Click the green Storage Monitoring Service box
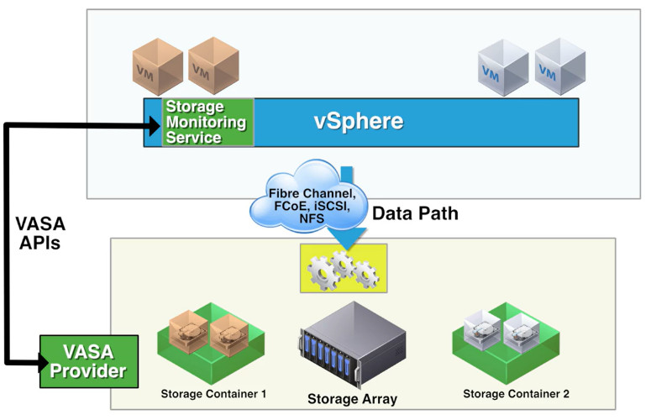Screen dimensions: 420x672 click(x=207, y=123)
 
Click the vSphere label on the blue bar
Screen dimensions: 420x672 click(x=359, y=121)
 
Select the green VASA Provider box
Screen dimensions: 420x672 click(x=86, y=359)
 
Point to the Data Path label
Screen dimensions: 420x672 click(x=415, y=213)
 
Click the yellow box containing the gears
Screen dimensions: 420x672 click(x=343, y=268)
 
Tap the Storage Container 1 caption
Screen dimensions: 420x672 click(x=213, y=393)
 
